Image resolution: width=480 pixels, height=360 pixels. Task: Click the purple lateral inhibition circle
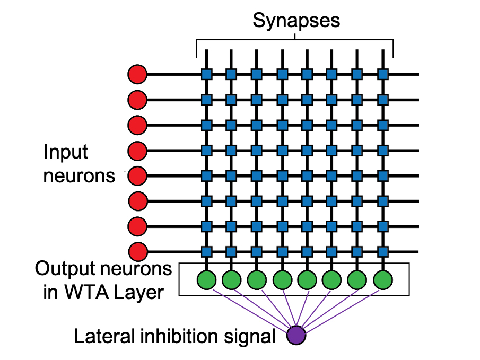click(x=296, y=335)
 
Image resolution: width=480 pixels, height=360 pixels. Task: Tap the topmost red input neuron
click(x=137, y=74)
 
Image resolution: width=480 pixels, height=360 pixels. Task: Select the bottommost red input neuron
click(x=137, y=251)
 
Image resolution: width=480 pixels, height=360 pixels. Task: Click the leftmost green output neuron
click(x=206, y=279)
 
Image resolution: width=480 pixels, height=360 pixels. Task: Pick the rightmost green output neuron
click(x=382, y=279)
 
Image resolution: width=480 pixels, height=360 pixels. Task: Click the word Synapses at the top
click(x=295, y=21)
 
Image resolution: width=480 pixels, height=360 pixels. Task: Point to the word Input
click(x=66, y=152)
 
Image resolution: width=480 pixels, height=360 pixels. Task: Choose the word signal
click(x=251, y=336)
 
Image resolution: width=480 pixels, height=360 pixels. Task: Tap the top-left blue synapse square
click(x=206, y=74)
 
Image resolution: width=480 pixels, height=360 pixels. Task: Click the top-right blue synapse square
click(x=382, y=74)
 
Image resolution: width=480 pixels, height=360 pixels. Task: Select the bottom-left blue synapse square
click(x=206, y=251)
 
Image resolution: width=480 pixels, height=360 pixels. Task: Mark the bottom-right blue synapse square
click(x=382, y=251)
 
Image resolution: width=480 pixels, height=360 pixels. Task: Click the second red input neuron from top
click(x=137, y=99)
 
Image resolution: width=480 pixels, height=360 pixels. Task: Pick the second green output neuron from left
click(x=231, y=279)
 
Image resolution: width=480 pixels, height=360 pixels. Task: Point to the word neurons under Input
click(x=78, y=175)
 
